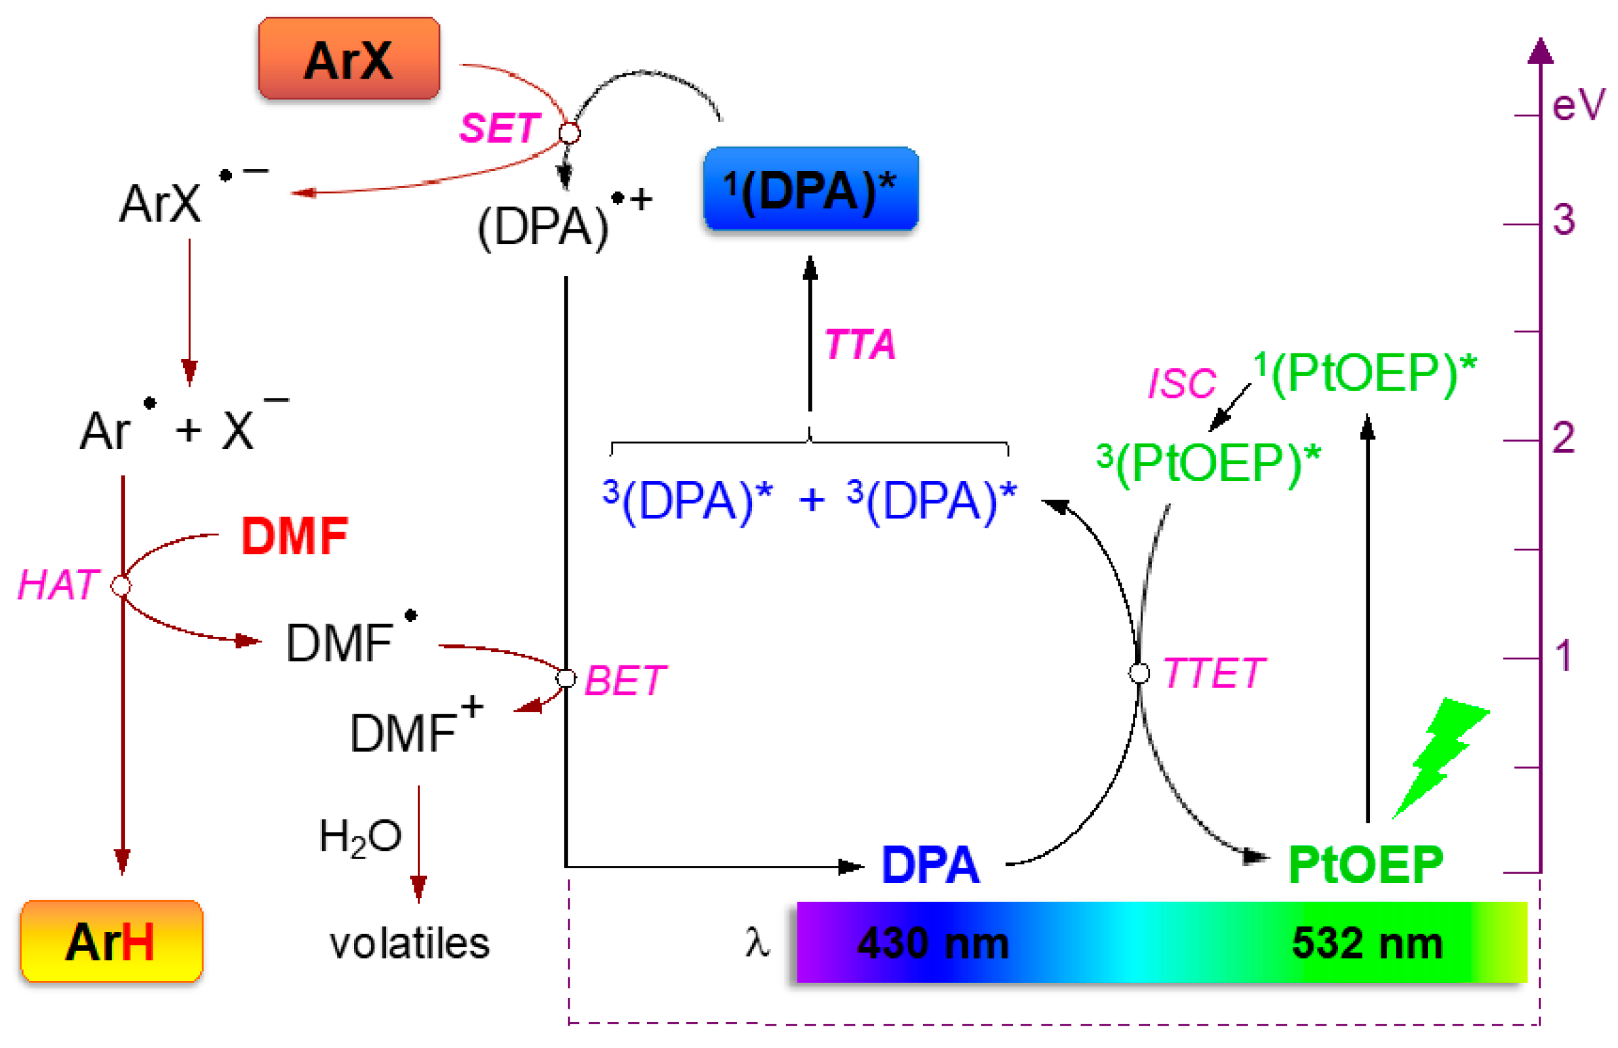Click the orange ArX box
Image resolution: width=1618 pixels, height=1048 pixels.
point(348,59)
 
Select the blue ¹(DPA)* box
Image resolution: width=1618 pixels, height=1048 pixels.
point(810,189)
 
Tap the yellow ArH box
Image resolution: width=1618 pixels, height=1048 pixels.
point(111,942)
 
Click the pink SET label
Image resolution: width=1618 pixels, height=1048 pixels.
point(500,128)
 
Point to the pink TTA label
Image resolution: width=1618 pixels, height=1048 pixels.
point(859,344)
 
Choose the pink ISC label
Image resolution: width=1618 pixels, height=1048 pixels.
point(1181,383)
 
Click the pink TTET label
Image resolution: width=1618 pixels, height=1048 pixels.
point(1214,674)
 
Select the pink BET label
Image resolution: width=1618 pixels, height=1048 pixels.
point(625,680)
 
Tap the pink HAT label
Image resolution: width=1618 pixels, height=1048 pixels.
point(58,585)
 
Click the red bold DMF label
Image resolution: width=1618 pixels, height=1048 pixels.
point(294,537)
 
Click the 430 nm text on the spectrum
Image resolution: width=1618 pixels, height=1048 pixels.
point(932,944)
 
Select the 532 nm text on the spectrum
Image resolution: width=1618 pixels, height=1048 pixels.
point(1366,944)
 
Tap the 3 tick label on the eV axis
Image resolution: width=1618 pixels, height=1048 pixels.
point(1564,220)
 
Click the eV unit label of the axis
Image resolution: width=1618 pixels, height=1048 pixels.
point(1577,105)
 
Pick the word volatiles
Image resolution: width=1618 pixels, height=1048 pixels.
point(410,944)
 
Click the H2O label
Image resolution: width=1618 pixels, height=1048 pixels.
point(360,836)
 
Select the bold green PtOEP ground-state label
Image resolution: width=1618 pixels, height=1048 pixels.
point(1365,865)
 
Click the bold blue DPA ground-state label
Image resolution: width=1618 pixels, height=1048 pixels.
point(930,865)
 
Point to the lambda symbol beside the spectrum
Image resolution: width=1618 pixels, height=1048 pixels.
point(757,944)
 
